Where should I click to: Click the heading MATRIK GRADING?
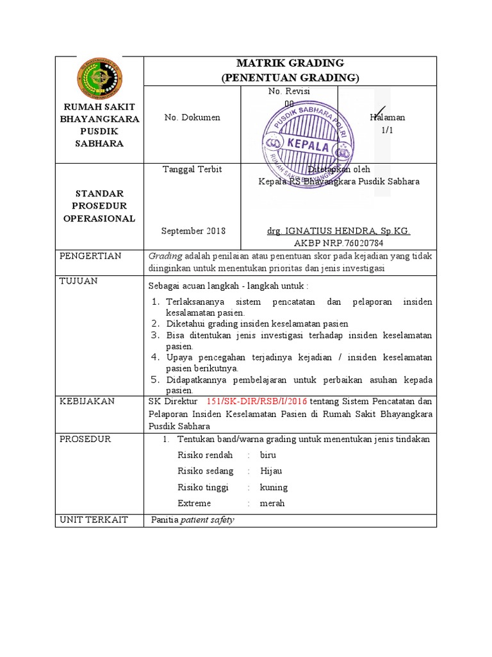(290, 63)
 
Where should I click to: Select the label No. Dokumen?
(192, 117)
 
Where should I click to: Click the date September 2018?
(193, 231)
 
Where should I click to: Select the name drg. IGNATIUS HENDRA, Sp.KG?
(338, 231)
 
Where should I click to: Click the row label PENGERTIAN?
(90, 256)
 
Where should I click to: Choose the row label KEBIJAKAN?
(87, 401)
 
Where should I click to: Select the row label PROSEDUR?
(85, 439)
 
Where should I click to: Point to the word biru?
(268, 455)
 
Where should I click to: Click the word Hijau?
(271, 471)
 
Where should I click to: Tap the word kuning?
(274, 487)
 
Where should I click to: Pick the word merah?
(272, 503)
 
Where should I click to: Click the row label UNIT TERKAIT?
(94, 519)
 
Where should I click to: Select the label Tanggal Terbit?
(192, 169)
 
